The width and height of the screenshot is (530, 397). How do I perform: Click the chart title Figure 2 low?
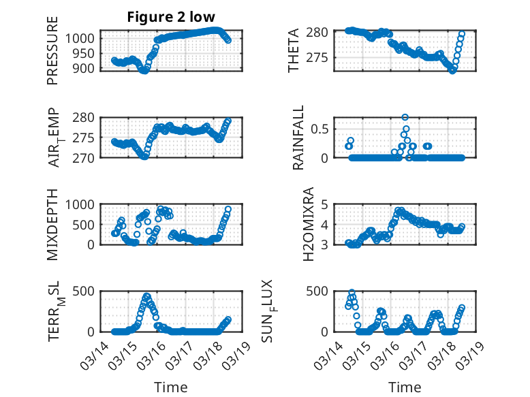click(171, 18)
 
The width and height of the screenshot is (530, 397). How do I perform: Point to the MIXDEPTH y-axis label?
click(53, 223)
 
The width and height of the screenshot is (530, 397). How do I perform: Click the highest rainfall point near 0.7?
click(405, 117)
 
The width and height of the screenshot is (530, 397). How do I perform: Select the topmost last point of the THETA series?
click(462, 33)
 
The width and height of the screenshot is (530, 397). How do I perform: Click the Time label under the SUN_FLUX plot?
click(405, 387)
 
